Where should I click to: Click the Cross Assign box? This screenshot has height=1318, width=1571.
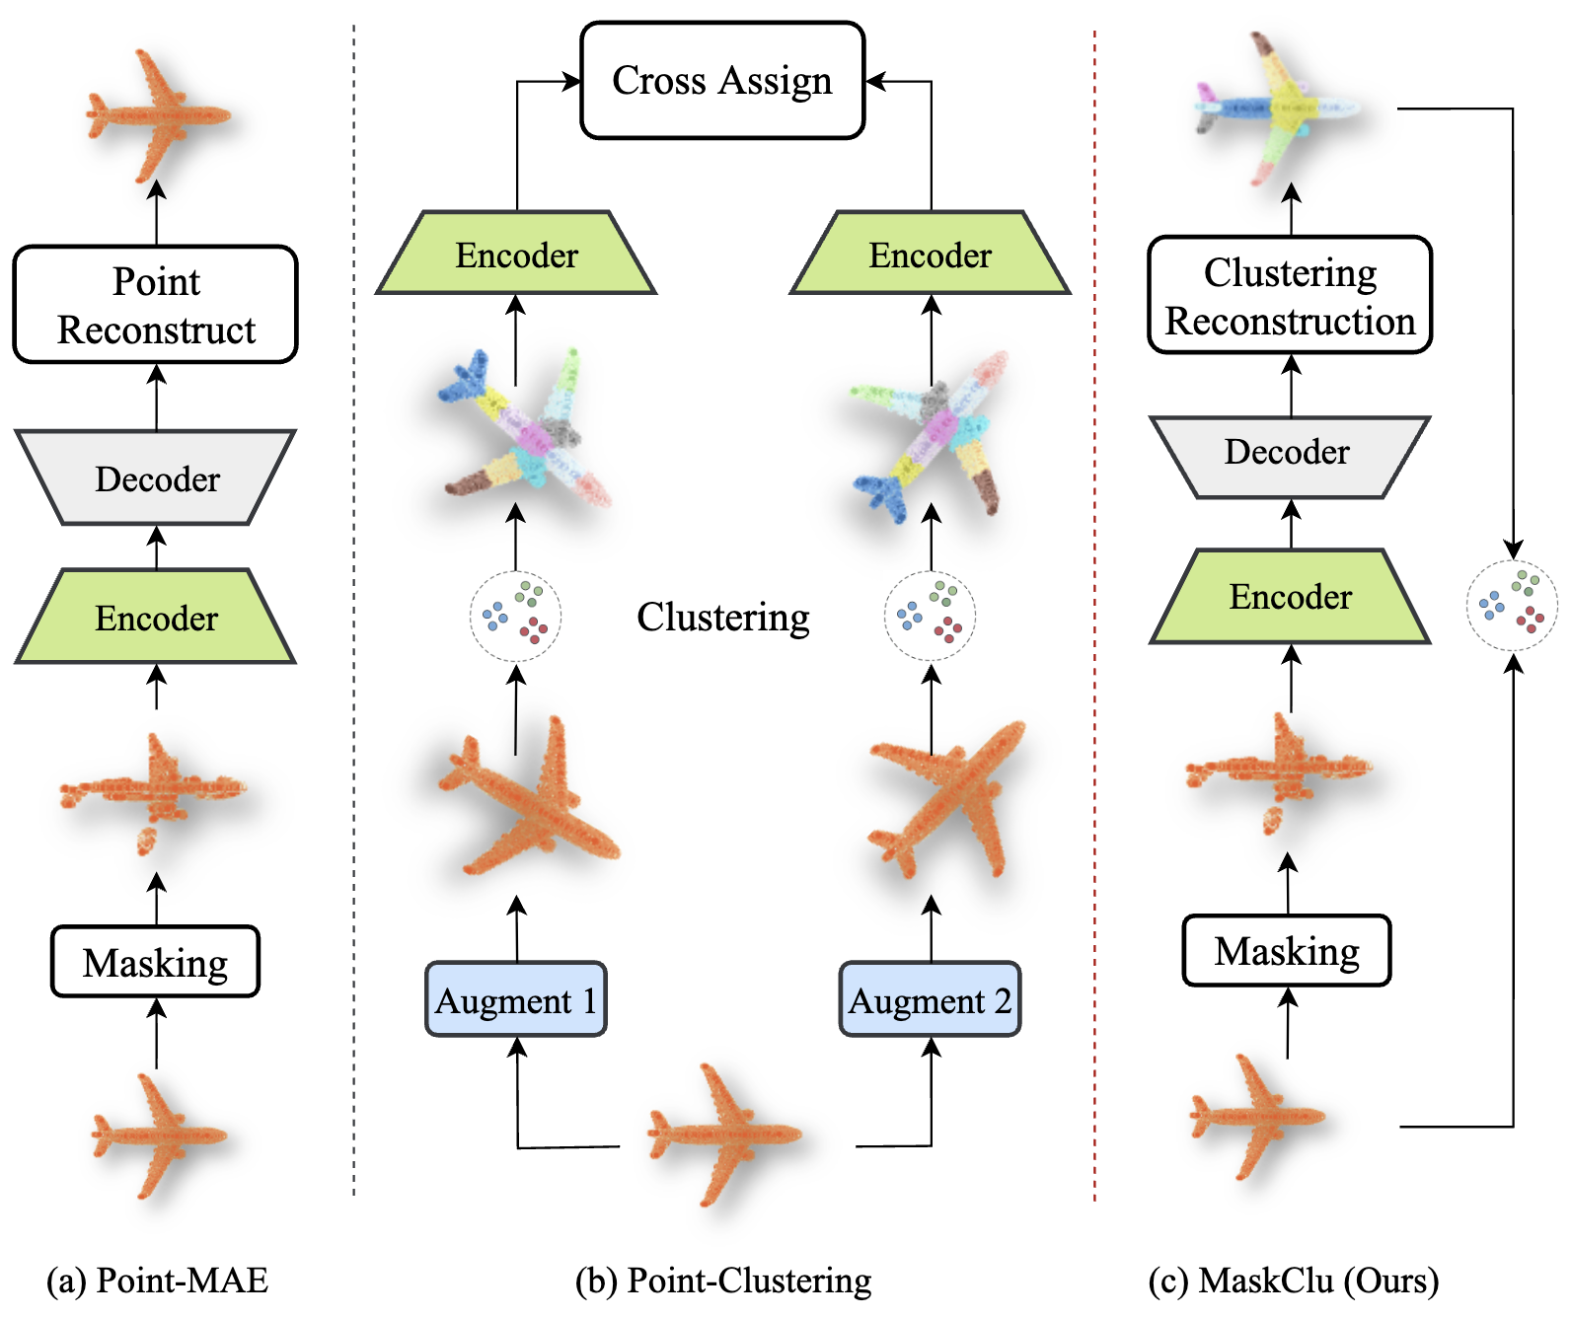(722, 81)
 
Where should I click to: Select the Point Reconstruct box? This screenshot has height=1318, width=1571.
(156, 305)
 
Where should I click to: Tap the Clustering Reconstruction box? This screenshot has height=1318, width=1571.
(1290, 295)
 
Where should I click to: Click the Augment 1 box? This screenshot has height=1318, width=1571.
(516, 999)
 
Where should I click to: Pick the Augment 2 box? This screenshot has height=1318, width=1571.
(930, 999)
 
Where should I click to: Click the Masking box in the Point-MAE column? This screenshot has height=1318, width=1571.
(156, 962)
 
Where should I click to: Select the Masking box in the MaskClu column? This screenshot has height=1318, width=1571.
(1287, 950)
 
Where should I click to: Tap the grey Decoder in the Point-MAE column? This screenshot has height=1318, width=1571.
(156, 477)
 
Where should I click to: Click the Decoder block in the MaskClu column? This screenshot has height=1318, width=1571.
(1290, 458)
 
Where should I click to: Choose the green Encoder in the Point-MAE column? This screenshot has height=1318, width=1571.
(156, 617)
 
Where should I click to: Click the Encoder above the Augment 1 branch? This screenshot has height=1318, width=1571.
(516, 253)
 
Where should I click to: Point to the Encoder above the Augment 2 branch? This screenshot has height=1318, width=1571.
(930, 253)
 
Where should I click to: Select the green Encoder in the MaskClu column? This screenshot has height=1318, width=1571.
(1290, 597)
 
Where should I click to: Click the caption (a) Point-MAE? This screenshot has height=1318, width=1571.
(157, 1281)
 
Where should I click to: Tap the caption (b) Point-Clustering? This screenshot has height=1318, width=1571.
(723, 1281)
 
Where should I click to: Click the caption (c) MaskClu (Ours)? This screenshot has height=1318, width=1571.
(1294, 1281)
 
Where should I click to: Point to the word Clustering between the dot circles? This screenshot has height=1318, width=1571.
(723, 618)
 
